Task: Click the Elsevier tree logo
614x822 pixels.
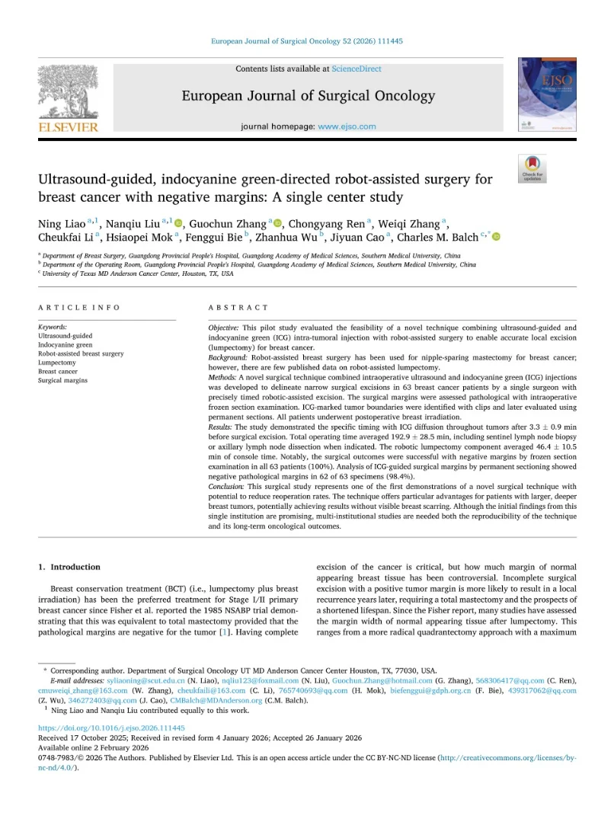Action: (68, 91)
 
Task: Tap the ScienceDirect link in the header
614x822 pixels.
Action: (357, 69)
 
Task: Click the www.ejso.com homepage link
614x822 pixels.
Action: (347, 126)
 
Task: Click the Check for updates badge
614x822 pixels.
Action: (532, 168)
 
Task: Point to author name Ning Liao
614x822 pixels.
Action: (62, 223)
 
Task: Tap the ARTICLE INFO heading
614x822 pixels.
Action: (79, 307)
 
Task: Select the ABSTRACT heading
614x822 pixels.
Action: (238, 307)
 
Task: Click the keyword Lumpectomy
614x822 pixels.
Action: (57, 363)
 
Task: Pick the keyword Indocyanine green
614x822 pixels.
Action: (66, 345)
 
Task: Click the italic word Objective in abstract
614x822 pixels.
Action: (224, 328)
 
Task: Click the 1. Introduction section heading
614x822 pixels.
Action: (69, 567)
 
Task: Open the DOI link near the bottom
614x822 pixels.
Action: (111, 728)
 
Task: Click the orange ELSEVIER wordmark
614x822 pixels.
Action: (68, 127)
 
